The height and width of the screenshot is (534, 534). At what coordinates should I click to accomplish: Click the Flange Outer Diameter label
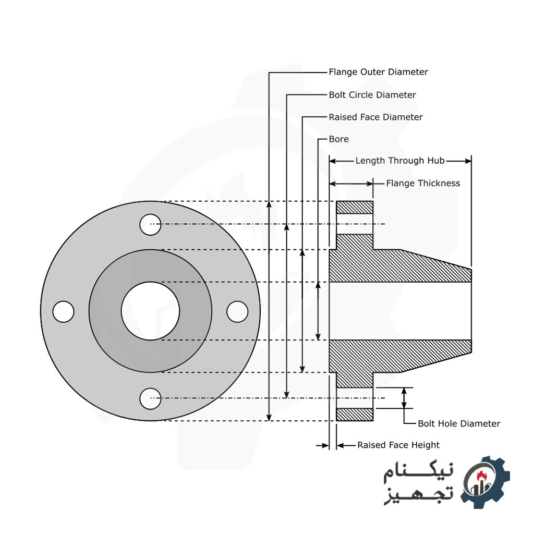378,72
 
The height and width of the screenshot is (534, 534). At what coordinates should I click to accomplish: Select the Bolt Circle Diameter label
372,95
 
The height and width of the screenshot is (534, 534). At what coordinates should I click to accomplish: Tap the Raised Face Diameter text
375,117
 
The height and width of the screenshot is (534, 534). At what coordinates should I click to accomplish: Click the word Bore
338,139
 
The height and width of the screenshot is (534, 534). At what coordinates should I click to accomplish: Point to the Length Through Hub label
399,161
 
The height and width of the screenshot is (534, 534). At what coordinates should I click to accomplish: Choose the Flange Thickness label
423,183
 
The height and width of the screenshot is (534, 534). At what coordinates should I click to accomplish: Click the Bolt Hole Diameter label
459,423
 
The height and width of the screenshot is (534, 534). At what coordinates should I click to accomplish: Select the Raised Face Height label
398,445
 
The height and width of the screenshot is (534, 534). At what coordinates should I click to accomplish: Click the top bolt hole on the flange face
150,224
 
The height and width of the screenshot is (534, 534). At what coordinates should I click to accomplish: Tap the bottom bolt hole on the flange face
150,398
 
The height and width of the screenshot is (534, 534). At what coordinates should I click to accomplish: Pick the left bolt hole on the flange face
64,311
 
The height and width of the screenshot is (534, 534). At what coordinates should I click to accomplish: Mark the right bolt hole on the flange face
237,311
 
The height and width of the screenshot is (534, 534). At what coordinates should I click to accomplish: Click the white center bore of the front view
150,311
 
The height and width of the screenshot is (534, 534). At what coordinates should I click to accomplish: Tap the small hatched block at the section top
355,207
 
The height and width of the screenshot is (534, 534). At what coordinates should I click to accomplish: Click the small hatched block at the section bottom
355,415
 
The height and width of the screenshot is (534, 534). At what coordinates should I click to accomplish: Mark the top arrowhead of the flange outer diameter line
269,205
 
